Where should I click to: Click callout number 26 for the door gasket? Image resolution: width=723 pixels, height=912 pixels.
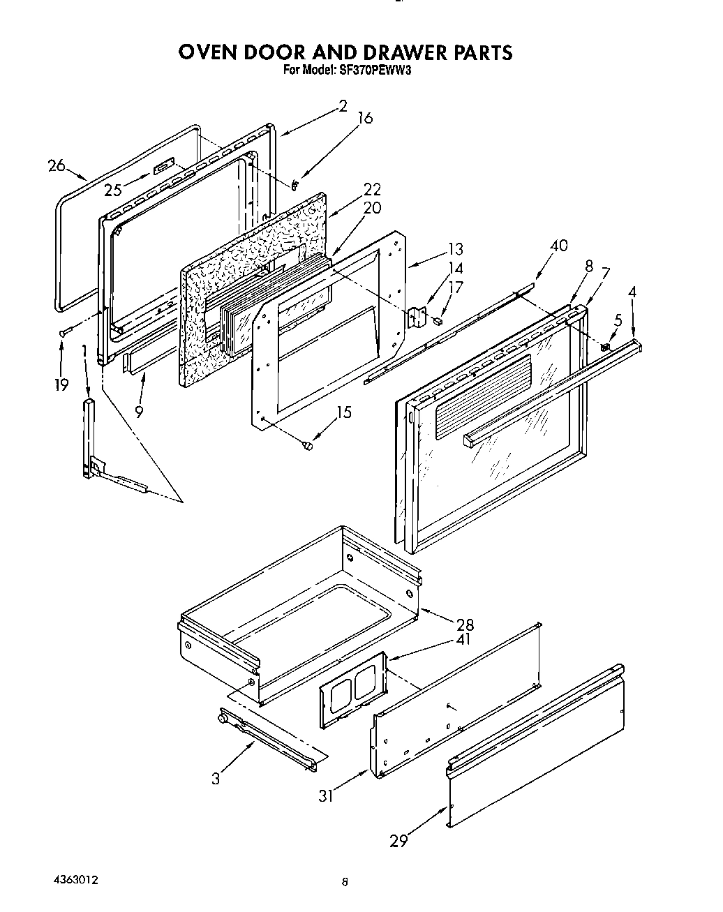click(x=57, y=165)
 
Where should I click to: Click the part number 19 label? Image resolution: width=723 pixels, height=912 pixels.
click(x=61, y=384)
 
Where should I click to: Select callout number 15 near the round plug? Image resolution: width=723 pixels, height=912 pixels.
click(x=343, y=412)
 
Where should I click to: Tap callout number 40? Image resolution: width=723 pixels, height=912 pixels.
click(x=558, y=246)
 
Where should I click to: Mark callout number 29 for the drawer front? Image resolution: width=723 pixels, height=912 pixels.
click(x=398, y=842)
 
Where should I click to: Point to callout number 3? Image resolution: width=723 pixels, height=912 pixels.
click(x=216, y=779)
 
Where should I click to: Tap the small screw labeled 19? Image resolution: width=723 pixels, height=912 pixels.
click(x=64, y=333)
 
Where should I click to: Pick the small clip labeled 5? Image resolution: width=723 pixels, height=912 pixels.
click(x=604, y=347)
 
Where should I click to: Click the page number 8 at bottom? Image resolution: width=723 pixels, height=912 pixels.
click(x=345, y=883)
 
